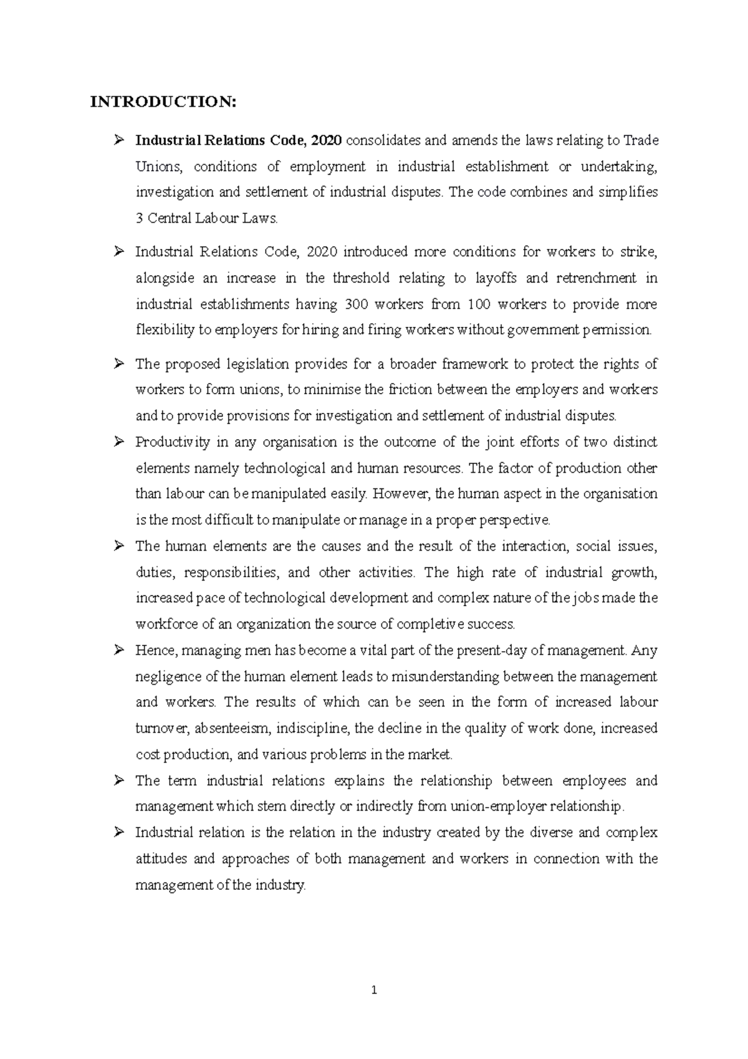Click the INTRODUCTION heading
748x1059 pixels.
[x=163, y=102]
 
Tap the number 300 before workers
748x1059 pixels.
[x=351, y=304]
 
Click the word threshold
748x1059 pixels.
[x=361, y=278]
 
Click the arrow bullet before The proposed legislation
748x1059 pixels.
[x=118, y=364]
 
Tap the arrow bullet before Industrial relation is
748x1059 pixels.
[x=118, y=833]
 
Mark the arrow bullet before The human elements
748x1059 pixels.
[x=118, y=546]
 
